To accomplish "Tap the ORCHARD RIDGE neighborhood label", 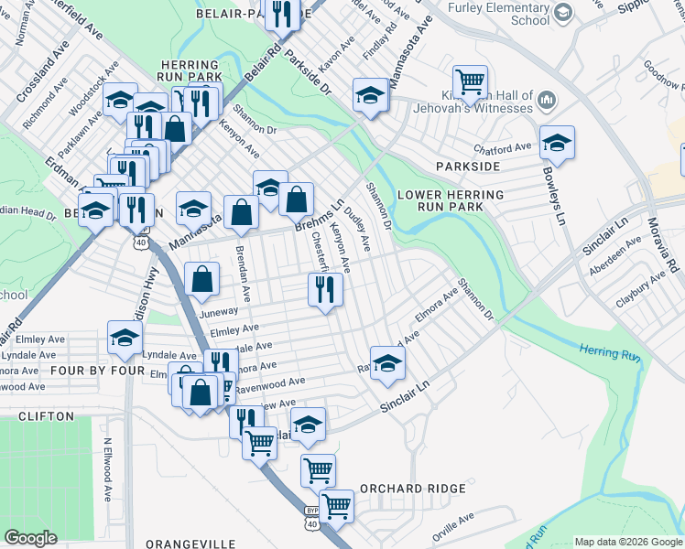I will tap(413, 489).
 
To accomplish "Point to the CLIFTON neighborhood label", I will tap(46, 416).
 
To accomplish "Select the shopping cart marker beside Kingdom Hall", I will tap(470, 81).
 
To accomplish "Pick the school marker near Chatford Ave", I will tap(557, 142).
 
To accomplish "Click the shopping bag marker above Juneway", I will tap(202, 280).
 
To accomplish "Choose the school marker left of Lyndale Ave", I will tap(125, 338).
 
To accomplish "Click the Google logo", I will tap(30, 538).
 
